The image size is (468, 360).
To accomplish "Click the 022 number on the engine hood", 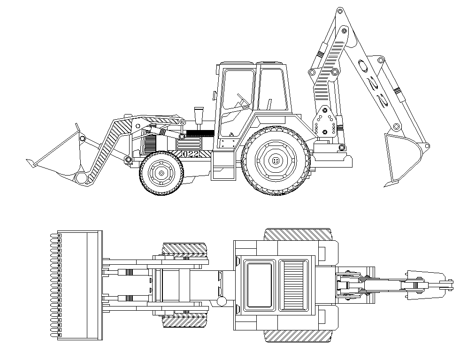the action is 191,154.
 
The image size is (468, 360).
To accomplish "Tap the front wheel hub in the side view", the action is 161,173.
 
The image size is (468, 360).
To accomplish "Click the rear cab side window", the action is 272,90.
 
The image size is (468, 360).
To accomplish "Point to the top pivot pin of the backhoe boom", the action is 340,11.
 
